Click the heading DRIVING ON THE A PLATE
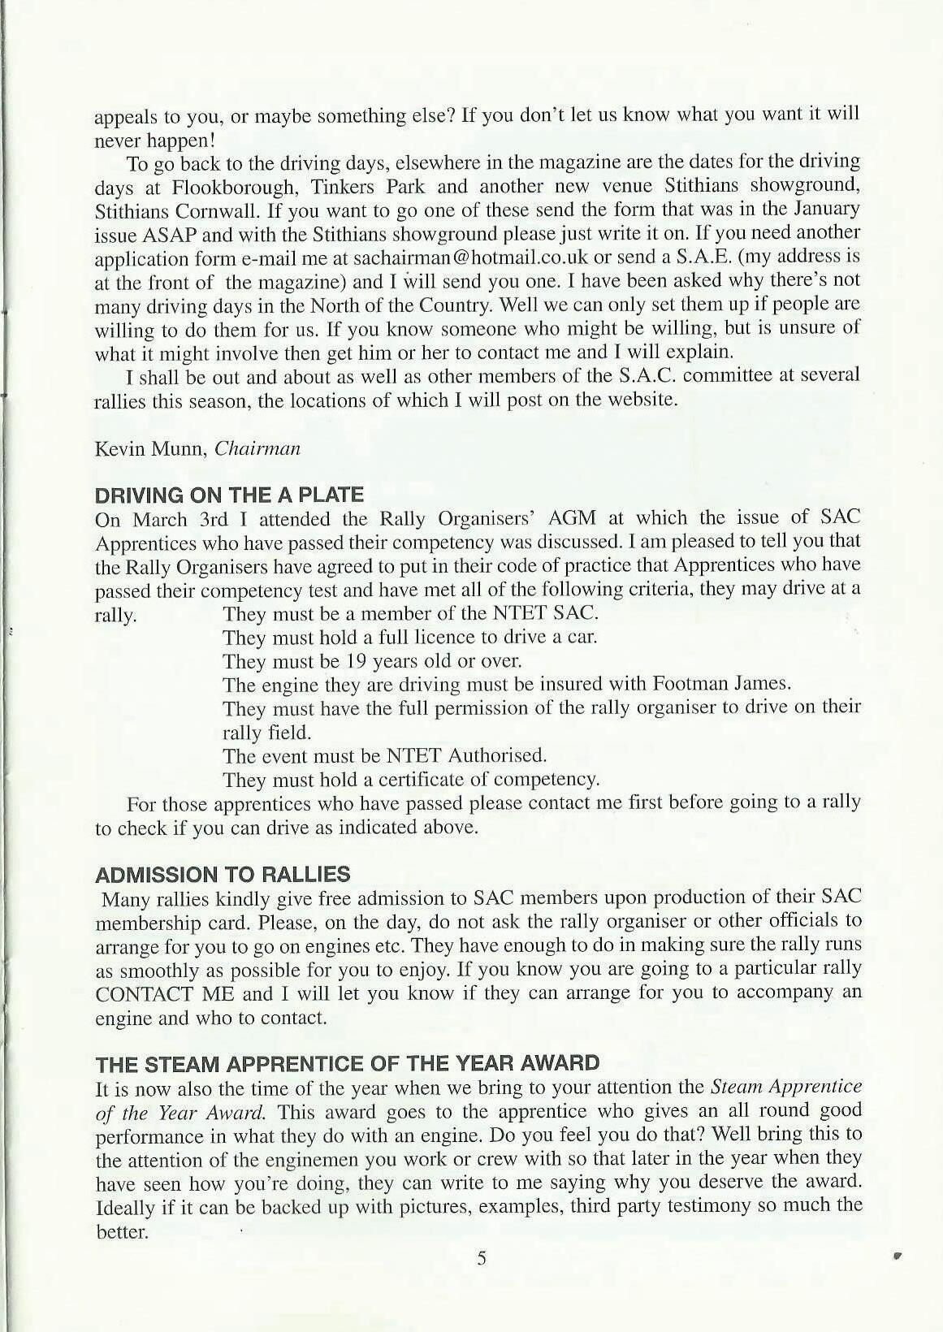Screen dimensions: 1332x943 coord(229,495)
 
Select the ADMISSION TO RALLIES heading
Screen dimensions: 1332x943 coord(223,875)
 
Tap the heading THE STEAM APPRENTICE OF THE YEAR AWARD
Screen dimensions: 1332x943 coord(348,1063)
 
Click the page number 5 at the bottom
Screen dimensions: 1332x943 coord(481,1259)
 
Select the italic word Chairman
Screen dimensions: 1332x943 coord(257,448)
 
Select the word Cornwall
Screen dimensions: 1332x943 coord(199,210)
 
